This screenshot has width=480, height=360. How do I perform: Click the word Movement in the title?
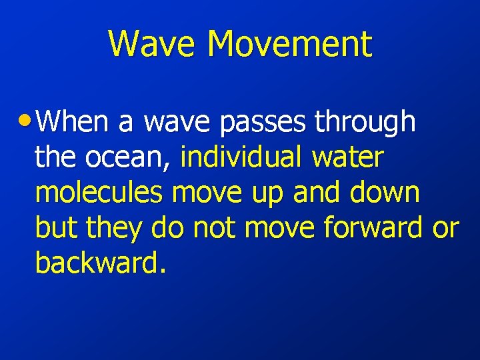pos(289,44)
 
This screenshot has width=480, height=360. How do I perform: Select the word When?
pos(73,122)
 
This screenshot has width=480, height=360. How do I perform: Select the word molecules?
pos(99,193)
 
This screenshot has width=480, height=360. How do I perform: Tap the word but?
pos(54,228)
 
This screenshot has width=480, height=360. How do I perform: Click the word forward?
pos(373,228)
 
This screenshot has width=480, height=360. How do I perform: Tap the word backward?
pos(99,263)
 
